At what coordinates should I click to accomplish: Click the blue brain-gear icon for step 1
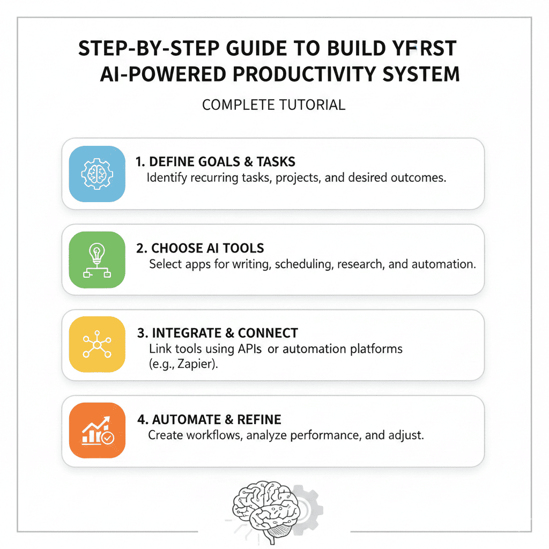pyautogui.click(x=98, y=174)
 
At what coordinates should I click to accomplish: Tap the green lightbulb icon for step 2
pyautogui.click(x=98, y=259)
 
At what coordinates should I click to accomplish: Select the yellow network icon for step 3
pyautogui.click(x=98, y=345)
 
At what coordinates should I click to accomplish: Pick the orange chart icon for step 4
pyautogui.click(x=98, y=431)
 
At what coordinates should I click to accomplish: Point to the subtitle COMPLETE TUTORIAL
pyautogui.click(x=273, y=105)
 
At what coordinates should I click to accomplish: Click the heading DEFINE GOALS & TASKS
pyautogui.click(x=215, y=162)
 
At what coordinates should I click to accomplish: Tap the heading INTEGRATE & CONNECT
pyautogui.click(x=218, y=333)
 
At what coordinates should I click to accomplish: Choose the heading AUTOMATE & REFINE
pyautogui.click(x=209, y=419)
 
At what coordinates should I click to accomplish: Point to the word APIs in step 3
pyautogui.click(x=249, y=349)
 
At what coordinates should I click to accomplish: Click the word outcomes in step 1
pyautogui.click(x=419, y=177)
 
